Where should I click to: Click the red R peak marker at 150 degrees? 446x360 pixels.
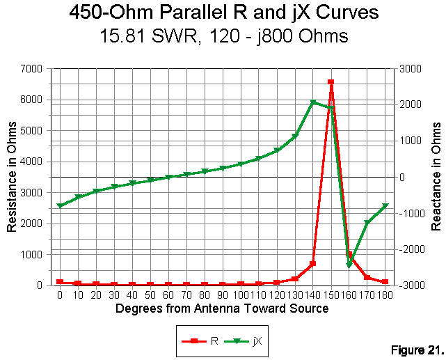pyautogui.click(x=330, y=82)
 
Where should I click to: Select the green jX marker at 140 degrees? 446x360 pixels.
pyautogui.click(x=313, y=102)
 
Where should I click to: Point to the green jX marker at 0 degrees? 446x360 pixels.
pyautogui.click(x=60, y=206)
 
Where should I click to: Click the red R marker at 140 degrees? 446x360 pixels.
pyautogui.click(x=313, y=264)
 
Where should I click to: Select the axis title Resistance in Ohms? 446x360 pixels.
pyautogui.click(x=12, y=177)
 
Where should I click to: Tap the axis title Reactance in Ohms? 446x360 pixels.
pyautogui.click(x=437, y=177)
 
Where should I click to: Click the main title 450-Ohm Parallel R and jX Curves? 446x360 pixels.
pyautogui.click(x=223, y=13)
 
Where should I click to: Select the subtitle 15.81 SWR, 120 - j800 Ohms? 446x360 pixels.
pyautogui.click(x=223, y=36)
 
